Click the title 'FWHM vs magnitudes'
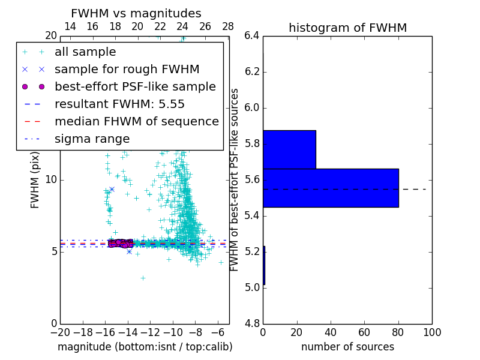(x=136, y=13)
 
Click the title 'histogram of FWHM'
(x=347, y=28)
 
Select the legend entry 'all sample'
(x=85, y=52)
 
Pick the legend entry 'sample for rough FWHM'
(x=127, y=69)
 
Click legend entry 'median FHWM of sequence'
(x=136, y=121)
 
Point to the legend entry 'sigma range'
(x=92, y=139)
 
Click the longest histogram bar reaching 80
(x=331, y=188)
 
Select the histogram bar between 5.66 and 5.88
(x=289, y=149)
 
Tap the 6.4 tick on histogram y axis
(x=252, y=36)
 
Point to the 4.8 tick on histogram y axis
(x=252, y=323)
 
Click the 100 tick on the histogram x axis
(x=432, y=332)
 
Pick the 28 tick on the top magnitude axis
(x=228, y=26)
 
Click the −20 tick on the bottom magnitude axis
(x=60, y=332)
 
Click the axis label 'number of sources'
(x=347, y=347)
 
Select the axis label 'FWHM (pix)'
(x=35, y=179)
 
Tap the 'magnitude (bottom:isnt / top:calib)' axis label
(x=145, y=347)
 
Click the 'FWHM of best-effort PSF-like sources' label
(x=235, y=179)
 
